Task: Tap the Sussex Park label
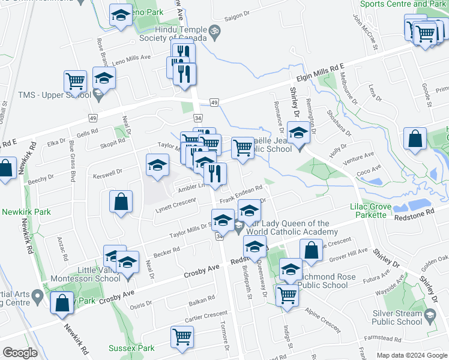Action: coord(131,348)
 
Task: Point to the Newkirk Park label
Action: coord(26,212)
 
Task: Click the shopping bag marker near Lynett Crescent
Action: coord(121,202)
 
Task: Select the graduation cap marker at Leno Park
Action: coord(121,16)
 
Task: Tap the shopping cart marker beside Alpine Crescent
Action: coord(287,295)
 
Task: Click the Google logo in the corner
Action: coord(20,353)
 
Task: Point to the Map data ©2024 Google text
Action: coord(411,355)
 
